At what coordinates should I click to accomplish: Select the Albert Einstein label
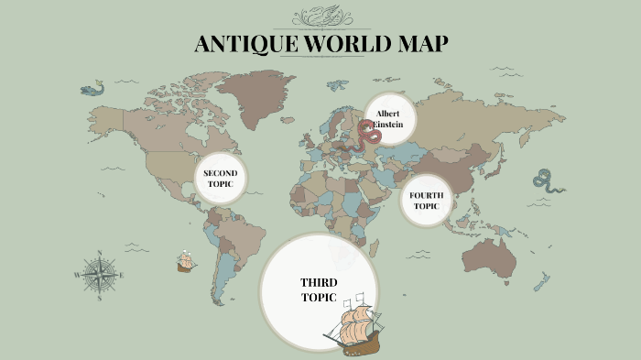click(389, 119)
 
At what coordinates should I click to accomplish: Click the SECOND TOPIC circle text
click(220, 179)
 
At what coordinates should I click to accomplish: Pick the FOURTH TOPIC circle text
click(426, 201)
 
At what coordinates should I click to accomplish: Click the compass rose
click(99, 274)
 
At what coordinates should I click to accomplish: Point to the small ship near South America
click(186, 262)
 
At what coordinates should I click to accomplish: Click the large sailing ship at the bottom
click(353, 325)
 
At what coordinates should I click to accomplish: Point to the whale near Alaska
click(92, 89)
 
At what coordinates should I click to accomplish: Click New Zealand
click(542, 281)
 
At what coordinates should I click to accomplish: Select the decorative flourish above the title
click(320, 16)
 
